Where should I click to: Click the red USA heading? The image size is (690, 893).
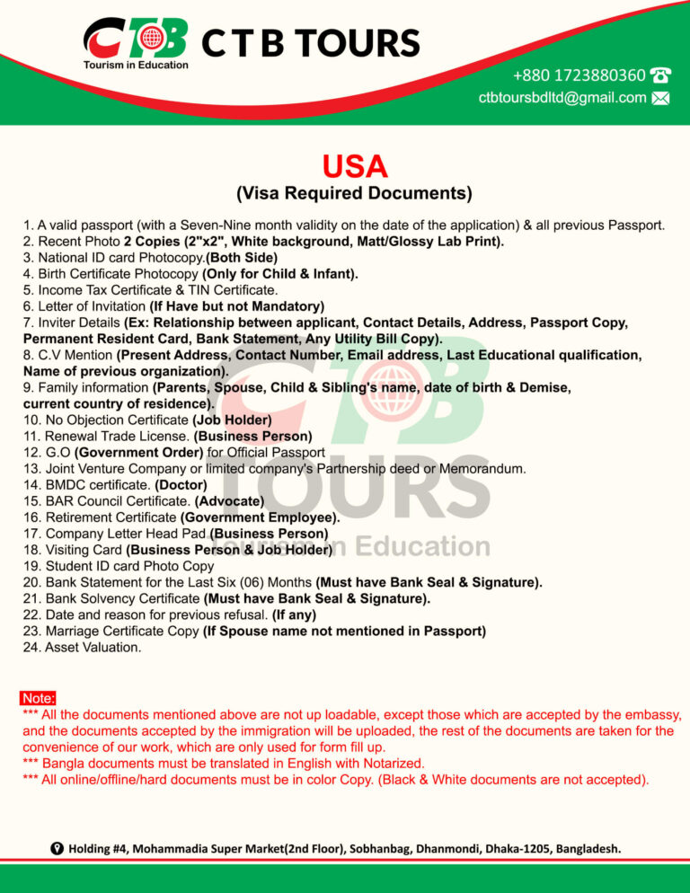point(354,166)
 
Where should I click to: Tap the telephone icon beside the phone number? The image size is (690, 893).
point(660,75)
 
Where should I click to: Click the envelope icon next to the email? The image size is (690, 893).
point(660,98)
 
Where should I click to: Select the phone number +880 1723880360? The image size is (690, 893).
point(579,75)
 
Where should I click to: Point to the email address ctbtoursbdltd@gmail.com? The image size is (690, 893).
point(562,98)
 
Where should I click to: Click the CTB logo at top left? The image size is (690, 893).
point(136,39)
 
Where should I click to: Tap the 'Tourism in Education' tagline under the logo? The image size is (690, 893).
point(136,65)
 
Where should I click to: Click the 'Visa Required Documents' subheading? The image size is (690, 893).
point(354,193)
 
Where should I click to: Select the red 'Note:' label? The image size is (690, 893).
point(39,698)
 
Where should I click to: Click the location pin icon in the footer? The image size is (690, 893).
point(57,848)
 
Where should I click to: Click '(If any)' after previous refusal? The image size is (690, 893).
point(294,614)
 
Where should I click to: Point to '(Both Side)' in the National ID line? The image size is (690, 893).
point(242,257)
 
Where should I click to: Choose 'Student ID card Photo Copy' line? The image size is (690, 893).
point(119,566)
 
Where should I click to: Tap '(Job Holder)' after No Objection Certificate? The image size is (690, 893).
point(232,420)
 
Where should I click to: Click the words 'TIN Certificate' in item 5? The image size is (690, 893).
point(231,289)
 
